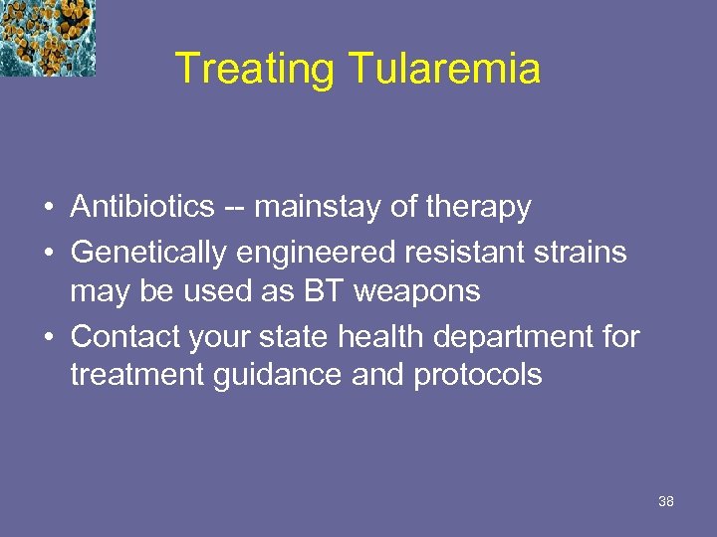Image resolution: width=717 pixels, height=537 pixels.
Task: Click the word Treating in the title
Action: [257, 70]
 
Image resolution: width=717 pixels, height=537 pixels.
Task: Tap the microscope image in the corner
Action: [47, 38]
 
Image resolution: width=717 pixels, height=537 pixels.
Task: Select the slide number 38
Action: [666, 501]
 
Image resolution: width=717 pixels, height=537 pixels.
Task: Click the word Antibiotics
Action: [142, 207]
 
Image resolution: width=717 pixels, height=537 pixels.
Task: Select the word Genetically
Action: [149, 253]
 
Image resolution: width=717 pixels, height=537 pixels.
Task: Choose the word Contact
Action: [127, 337]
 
